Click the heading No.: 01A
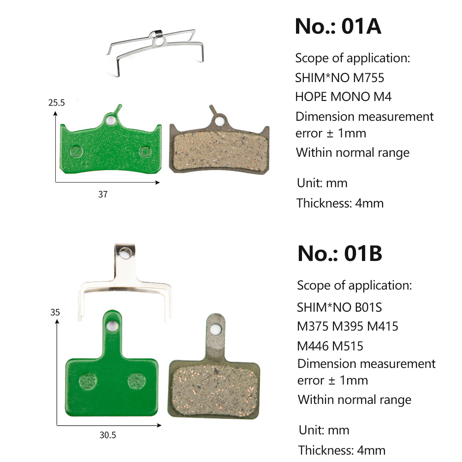pos(338,26)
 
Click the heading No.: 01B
pos(340,254)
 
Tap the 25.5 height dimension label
pos(56,102)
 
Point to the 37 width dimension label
pos(103,194)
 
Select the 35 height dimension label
pos(55,312)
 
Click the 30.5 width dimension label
pos(108,435)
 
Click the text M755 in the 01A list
pos(368,78)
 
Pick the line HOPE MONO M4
pos(343,97)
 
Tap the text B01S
pos(368,308)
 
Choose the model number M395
pos(348,326)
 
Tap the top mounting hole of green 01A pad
pos(111,120)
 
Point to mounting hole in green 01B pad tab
pos(112,326)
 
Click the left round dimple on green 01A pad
pos(77,151)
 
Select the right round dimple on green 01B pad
pos(137,382)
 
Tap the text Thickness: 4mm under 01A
pos(340,203)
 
